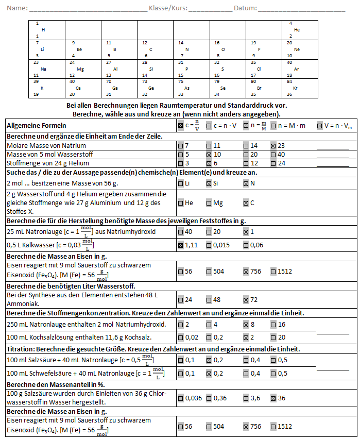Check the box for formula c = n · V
click(x=209, y=125)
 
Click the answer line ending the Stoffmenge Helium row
click(x=333, y=166)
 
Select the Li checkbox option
click(x=180, y=183)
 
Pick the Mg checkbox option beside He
click(x=209, y=203)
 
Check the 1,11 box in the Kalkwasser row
click(x=180, y=245)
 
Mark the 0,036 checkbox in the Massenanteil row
click(x=180, y=398)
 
